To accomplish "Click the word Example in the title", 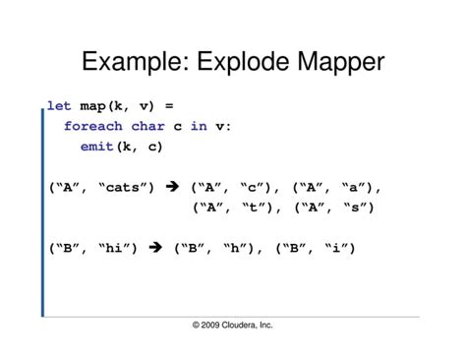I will [x=136, y=64].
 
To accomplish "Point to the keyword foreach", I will [x=92, y=126].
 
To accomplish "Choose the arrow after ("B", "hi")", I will [x=153, y=249].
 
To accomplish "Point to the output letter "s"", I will [x=352, y=208].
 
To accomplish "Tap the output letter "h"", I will [x=237, y=249].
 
